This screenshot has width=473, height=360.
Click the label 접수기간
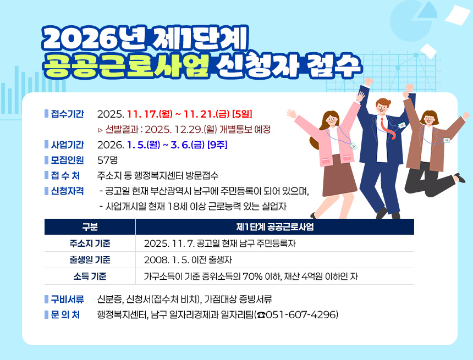tap(67, 114)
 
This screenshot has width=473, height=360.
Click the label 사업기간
tap(67, 145)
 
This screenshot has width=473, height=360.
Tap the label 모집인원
tap(67, 160)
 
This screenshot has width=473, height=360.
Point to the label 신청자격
tap(67, 191)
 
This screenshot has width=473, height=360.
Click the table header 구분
tap(90, 227)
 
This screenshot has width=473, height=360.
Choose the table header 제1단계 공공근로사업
tap(274, 227)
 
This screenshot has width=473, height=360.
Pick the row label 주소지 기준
tap(90, 243)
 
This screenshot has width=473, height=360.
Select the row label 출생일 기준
tap(90, 260)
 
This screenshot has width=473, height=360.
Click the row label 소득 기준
tap(90, 276)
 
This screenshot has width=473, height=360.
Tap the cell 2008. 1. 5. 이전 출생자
tap(188, 260)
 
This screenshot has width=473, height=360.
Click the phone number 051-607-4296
tap(300, 315)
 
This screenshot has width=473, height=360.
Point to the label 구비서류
tap(67, 300)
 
